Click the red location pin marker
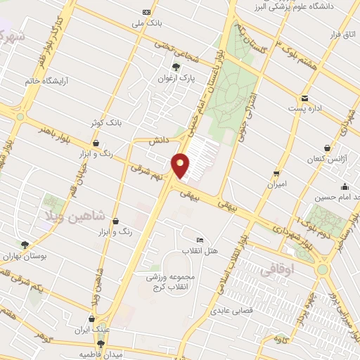[181, 165]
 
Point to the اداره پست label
[304, 109]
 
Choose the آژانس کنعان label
[328, 160]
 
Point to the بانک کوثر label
[105, 122]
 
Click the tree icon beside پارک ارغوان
[175, 68]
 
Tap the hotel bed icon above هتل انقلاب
[199, 240]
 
